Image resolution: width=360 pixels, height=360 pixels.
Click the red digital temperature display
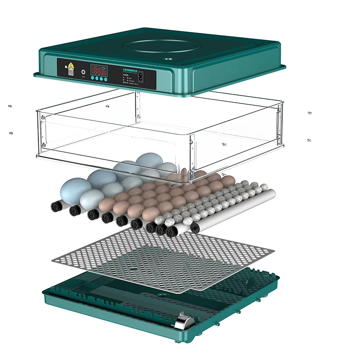[x=99, y=70]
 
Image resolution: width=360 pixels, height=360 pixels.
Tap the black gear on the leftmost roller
[x=57, y=207]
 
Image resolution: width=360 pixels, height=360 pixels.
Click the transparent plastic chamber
[x=158, y=130]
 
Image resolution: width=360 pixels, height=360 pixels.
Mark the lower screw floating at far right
[x=310, y=140]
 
